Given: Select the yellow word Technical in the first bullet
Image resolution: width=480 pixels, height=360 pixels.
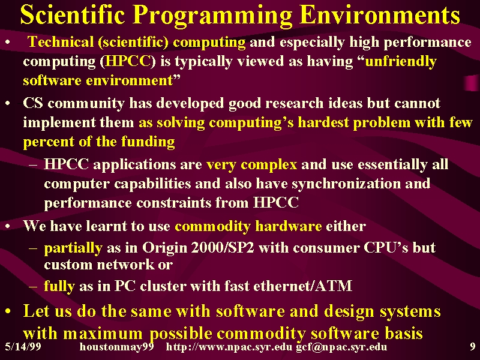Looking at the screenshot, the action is [61, 42].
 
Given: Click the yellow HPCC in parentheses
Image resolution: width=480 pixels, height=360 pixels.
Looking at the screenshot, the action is [128, 61].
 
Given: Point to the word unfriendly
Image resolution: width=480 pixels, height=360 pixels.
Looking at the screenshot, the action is [401, 62].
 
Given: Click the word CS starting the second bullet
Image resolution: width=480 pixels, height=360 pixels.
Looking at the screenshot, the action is [33, 103].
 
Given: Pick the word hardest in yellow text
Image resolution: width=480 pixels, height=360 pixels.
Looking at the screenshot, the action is [323, 122].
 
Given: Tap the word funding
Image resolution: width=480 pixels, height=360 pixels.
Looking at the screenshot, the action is [148, 142].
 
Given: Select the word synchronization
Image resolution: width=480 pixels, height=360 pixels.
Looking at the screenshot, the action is [346, 184].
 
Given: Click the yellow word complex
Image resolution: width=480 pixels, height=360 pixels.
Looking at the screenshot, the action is [269, 165].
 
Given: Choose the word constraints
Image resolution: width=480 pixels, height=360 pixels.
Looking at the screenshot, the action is [173, 203].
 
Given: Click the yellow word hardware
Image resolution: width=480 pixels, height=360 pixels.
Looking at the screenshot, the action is [289, 226].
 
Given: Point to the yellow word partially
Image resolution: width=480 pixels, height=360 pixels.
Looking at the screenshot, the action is [73, 248].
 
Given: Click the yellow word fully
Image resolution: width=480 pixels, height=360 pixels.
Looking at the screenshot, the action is [59, 286].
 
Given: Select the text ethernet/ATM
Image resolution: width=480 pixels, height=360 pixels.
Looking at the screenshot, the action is [303, 286].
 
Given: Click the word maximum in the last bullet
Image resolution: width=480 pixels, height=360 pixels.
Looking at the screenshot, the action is [103, 334].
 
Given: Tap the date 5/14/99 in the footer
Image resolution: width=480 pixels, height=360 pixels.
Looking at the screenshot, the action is [23, 347].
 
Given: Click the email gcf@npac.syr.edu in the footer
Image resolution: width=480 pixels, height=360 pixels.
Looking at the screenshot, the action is [341, 347].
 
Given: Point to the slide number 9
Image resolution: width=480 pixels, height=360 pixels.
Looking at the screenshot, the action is [473, 347].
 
